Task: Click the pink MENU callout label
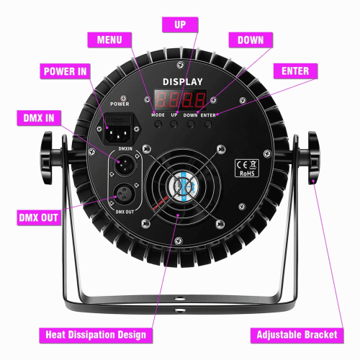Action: tap(109, 40)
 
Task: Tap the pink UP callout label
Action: tap(180, 24)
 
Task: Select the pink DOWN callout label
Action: tap(251, 40)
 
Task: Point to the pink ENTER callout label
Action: tap(295, 71)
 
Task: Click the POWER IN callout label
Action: tap(65, 71)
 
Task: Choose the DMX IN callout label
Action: tap(39, 118)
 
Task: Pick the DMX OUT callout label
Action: tap(39, 217)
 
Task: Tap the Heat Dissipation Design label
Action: tap(96, 335)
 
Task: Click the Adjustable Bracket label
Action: tap(297, 335)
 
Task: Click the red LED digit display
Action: tap(181, 99)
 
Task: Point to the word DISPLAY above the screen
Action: tap(183, 82)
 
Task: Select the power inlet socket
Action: tap(118, 130)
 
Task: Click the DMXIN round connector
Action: tap(125, 164)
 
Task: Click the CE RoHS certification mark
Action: tap(247, 168)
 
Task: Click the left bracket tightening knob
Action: tap(47, 158)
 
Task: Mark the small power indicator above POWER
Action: tap(123, 98)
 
